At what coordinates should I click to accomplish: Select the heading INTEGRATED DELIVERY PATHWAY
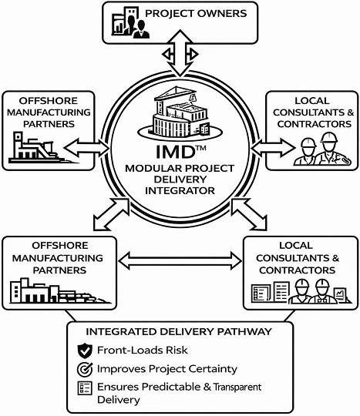pyautogui.click(x=179, y=331)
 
